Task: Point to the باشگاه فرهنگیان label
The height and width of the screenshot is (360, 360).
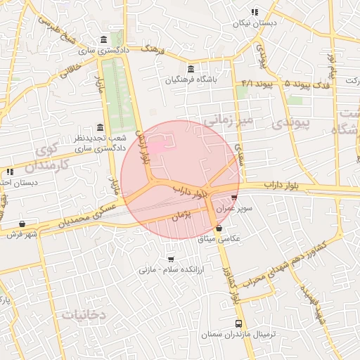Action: pyautogui.click(x=192, y=80)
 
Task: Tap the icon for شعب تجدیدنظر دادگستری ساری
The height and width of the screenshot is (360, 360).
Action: pyautogui.click(x=99, y=128)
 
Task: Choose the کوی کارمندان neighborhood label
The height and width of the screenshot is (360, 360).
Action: pyautogui.click(x=46, y=158)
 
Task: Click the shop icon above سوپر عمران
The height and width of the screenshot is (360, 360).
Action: pyautogui.click(x=234, y=198)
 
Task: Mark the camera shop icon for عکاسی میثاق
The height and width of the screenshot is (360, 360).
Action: pyautogui.click(x=219, y=229)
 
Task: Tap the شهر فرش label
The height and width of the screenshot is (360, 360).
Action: pyautogui.click(x=22, y=234)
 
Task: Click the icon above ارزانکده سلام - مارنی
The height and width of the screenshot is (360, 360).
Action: pyautogui.click(x=171, y=258)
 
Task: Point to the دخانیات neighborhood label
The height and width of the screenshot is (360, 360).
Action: pyautogui.click(x=83, y=314)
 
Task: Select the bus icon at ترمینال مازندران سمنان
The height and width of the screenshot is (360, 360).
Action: pyautogui.click(x=238, y=324)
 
